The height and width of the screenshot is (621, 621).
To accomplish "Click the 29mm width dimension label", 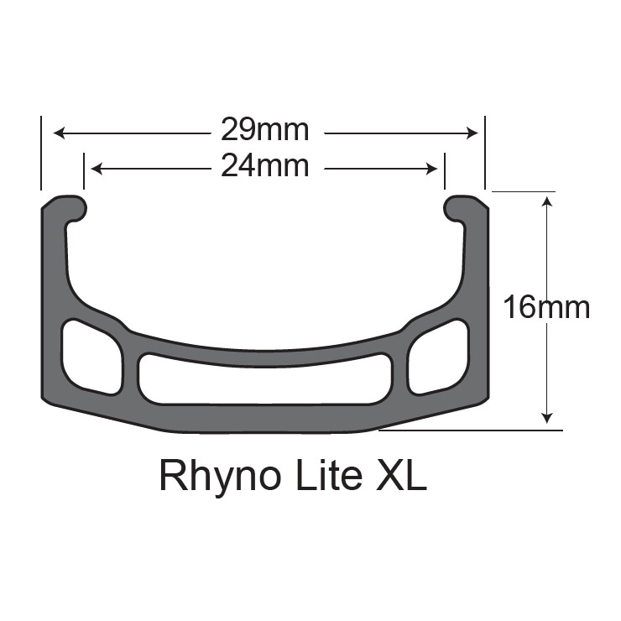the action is point(264,129).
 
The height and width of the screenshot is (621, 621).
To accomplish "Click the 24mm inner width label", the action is point(264,166).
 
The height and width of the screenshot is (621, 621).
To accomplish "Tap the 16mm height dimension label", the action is point(546,307).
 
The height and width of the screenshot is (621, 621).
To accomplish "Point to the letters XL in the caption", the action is point(401,474).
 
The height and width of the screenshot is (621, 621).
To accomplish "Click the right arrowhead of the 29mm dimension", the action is point(472,133).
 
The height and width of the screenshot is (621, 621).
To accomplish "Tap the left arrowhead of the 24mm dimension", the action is point(97,169).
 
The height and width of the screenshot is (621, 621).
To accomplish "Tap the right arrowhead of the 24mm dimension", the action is point(431,169).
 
